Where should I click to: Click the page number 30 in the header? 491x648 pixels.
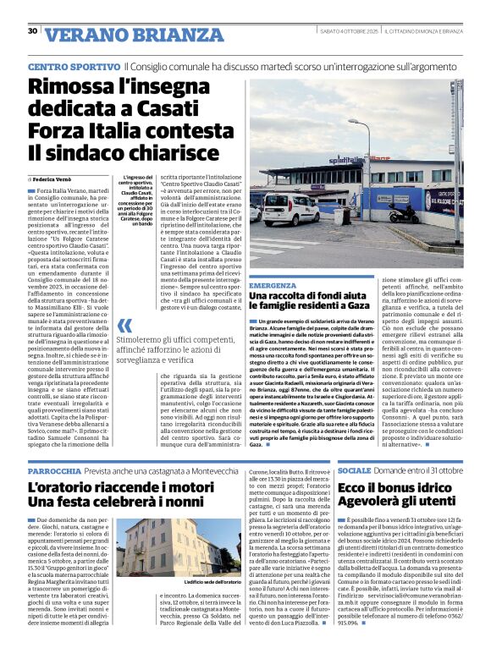[x=32, y=31]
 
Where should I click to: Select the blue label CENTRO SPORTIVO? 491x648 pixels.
[x=73, y=66]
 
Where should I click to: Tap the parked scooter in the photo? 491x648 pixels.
[x=404, y=214]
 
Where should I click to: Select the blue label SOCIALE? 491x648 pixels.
[x=354, y=470]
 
